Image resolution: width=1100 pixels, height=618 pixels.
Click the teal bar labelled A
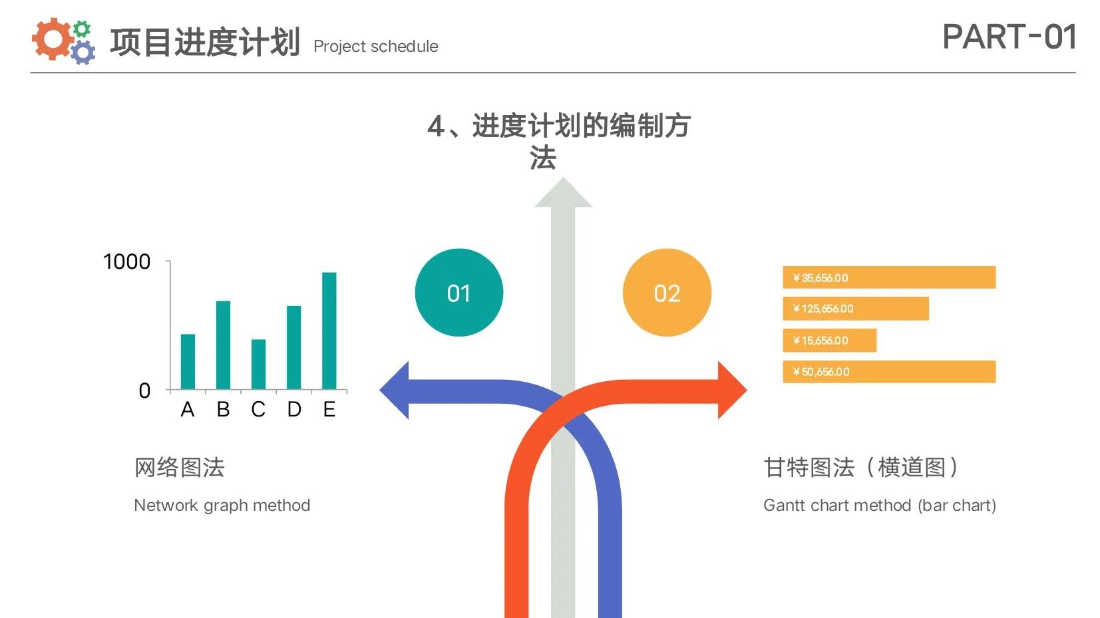click(188, 362)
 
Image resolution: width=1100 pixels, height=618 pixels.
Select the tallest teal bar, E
click(329, 331)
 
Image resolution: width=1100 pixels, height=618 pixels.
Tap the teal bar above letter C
click(258, 365)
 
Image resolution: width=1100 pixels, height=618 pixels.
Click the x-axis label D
click(294, 409)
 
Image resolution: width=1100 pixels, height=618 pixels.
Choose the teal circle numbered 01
click(458, 293)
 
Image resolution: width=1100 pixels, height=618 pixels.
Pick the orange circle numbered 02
click(667, 293)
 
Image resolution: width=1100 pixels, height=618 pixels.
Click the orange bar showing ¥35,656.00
click(889, 277)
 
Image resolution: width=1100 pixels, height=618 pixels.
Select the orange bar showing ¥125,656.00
click(856, 309)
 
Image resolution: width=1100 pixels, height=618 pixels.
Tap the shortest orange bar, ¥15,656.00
click(829, 340)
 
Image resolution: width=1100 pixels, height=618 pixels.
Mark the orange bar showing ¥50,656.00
click(889, 372)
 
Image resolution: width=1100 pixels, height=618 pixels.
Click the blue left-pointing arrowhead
click(395, 390)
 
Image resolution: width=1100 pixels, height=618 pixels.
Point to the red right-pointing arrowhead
click(732, 390)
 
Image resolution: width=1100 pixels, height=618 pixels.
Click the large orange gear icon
click(51, 39)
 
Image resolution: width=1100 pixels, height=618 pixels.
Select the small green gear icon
click(82, 29)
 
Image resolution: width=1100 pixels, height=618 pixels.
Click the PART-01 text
click(1009, 37)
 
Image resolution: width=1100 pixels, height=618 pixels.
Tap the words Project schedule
click(376, 47)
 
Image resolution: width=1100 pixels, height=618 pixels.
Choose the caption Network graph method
click(222, 506)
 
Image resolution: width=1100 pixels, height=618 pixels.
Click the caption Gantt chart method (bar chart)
click(880, 506)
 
